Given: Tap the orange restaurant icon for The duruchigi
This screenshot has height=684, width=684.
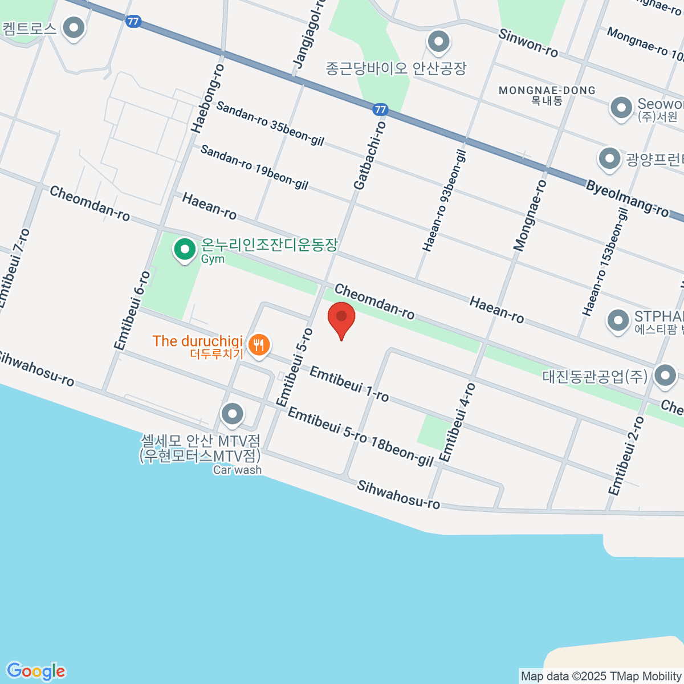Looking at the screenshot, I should (x=259, y=345).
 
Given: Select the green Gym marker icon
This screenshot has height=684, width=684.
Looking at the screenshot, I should (x=185, y=250).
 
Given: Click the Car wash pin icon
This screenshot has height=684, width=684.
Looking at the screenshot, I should (x=232, y=414).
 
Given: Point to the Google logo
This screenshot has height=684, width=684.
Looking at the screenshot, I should (x=36, y=671).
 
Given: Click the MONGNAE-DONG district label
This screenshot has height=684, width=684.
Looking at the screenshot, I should (x=547, y=91).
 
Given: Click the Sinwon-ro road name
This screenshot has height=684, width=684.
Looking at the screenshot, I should (x=528, y=43).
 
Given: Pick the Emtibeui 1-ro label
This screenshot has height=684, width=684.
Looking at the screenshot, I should (x=349, y=384).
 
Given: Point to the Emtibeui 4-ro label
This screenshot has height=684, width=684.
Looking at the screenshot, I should (x=457, y=422).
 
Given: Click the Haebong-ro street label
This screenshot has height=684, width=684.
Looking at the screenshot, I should (x=207, y=99).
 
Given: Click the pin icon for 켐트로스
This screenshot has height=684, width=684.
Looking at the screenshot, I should (x=74, y=27).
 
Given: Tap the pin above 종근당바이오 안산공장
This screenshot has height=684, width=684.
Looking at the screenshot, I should (x=439, y=41).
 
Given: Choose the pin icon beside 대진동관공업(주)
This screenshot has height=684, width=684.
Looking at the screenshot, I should (x=665, y=376).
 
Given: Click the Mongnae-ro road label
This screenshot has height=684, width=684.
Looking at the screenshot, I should (x=530, y=215).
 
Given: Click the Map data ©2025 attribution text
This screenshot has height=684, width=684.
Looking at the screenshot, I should (x=601, y=677).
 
